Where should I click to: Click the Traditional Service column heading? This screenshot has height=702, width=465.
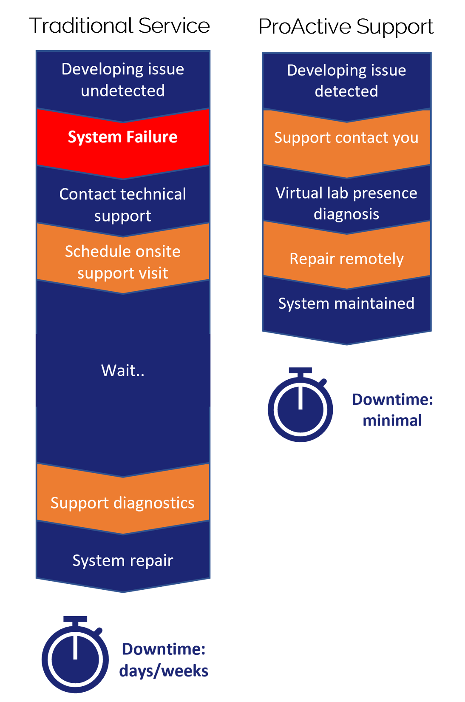click(x=119, y=26)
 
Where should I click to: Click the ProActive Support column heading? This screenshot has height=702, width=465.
click(x=346, y=27)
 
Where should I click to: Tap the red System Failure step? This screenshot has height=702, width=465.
click(x=123, y=137)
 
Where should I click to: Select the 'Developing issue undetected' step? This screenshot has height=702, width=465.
click(x=123, y=80)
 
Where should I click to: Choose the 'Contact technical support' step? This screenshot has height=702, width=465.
click(x=123, y=205)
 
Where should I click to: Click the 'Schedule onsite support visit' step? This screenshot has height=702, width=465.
click(x=123, y=262)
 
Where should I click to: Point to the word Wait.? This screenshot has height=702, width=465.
click(x=123, y=370)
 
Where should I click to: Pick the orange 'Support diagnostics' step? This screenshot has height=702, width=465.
click(x=123, y=503)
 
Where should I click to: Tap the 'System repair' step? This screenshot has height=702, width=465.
click(x=123, y=560)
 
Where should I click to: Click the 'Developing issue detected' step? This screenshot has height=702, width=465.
click(x=346, y=81)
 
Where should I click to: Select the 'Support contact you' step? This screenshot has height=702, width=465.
click(x=346, y=138)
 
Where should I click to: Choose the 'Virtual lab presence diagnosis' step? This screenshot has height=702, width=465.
click(x=346, y=203)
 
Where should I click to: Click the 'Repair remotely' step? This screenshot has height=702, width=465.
click(x=346, y=259)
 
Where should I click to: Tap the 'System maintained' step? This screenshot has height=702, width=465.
click(x=346, y=304)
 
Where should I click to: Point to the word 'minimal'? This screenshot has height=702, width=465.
click(x=392, y=421)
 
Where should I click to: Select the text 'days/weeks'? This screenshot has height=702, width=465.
click(x=164, y=671)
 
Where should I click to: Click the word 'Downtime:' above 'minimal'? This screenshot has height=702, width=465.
click(x=392, y=400)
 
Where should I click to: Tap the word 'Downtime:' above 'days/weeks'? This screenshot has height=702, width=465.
click(x=164, y=649)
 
